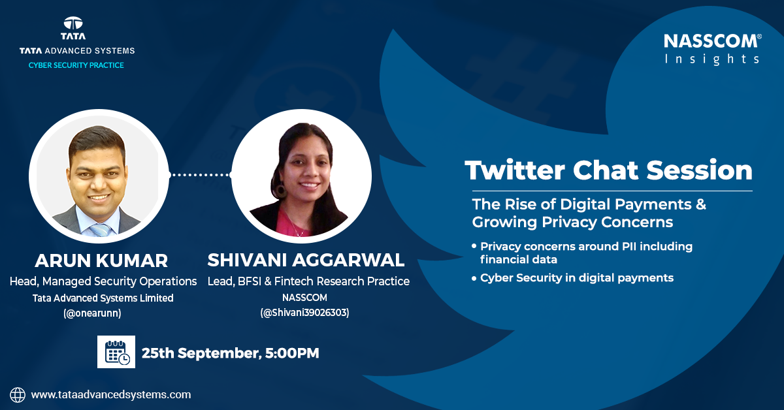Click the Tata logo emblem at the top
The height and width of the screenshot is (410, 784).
[x=73, y=23]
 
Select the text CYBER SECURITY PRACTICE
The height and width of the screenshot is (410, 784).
[x=76, y=65]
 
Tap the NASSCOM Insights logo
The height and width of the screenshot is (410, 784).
[x=713, y=50]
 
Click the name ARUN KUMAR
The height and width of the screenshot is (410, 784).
[x=101, y=260]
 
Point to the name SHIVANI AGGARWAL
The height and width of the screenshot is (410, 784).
[x=306, y=260]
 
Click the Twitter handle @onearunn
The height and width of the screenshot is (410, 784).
[x=92, y=313]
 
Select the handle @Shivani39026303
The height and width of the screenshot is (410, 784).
[x=305, y=313]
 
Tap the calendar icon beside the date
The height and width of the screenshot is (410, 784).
[x=116, y=352]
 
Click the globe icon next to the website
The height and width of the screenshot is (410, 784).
[x=18, y=395]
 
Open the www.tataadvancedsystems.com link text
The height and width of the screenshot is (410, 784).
[x=111, y=394]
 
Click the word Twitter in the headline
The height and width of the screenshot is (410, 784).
[x=515, y=170]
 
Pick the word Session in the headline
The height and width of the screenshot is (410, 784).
[x=699, y=170]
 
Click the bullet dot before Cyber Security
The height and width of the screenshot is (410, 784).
[x=474, y=279]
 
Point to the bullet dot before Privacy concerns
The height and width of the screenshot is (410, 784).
[x=474, y=246]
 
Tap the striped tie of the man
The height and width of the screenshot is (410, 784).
[x=100, y=230]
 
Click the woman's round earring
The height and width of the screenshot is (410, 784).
[x=280, y=191]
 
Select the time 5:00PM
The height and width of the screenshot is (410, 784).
[x=292, y=353]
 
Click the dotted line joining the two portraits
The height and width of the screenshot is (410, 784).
[x=200, y=174]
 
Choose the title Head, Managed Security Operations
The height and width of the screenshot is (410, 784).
[x=103, y=281]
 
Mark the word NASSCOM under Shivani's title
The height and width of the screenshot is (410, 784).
[x=304, y=297]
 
